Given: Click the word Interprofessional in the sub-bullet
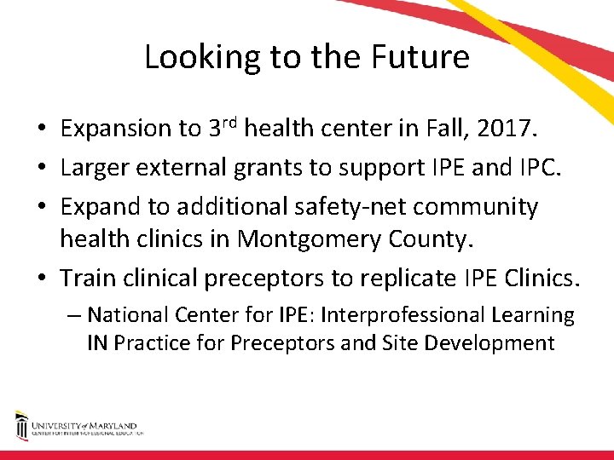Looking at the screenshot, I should (400, 315).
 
